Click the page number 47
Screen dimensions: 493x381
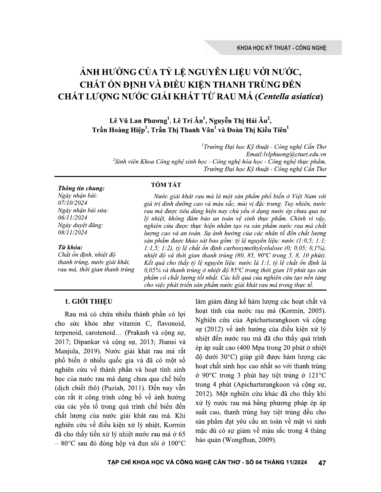point(322,463)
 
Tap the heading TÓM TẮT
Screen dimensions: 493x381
point(166,185)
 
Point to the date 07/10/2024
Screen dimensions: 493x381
point(73,203)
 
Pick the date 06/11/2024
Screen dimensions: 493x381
point(73,218)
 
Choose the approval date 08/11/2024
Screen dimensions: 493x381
point(73,232)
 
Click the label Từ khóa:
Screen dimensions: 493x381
point(70,247)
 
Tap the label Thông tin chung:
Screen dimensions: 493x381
point(81,188)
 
